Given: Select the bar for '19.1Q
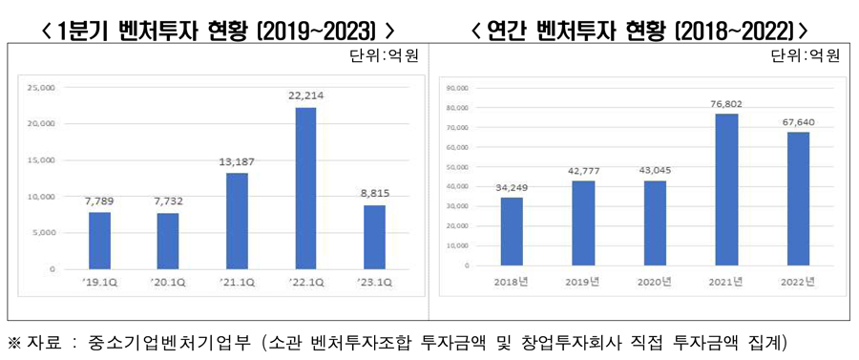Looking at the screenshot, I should point(100,241).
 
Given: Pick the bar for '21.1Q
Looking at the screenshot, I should point(237,221).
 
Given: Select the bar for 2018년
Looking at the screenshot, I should point(512,231).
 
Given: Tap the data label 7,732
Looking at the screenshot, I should point(169,201).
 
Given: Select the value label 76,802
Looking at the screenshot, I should point(726,103).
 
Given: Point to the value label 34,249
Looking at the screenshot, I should point(512,186).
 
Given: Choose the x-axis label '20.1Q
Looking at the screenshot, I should point(169,282).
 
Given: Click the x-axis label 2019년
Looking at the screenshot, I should point(583,281).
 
